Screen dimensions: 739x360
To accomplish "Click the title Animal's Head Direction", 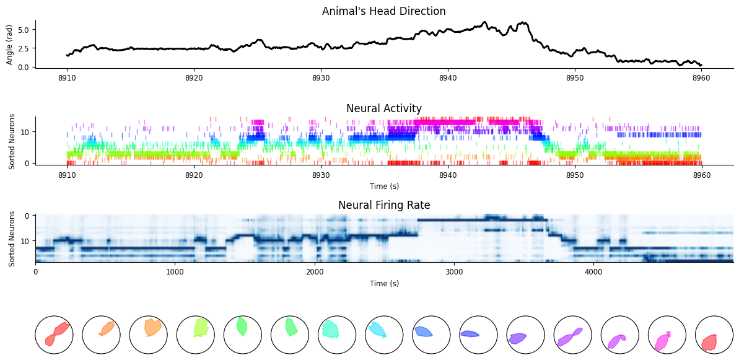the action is [383, 11].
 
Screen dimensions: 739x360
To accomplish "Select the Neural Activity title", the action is [383, 108].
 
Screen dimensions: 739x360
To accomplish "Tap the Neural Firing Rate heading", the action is [384, 205].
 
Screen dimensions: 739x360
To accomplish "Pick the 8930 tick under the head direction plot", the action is [320, 77].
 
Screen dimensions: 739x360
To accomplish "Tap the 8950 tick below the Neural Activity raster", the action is [574, 174].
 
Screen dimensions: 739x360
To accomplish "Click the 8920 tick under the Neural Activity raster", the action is [194, 174].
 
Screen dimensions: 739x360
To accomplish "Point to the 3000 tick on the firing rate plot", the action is [454, 271].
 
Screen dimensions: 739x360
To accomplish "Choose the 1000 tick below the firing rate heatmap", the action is [175, 271].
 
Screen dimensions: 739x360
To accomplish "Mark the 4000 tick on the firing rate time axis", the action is [593, 271].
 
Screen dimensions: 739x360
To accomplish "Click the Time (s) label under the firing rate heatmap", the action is [384, 283].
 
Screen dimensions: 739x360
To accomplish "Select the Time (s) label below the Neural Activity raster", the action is [384, 186].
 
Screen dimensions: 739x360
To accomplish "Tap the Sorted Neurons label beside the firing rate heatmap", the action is [12, 239].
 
